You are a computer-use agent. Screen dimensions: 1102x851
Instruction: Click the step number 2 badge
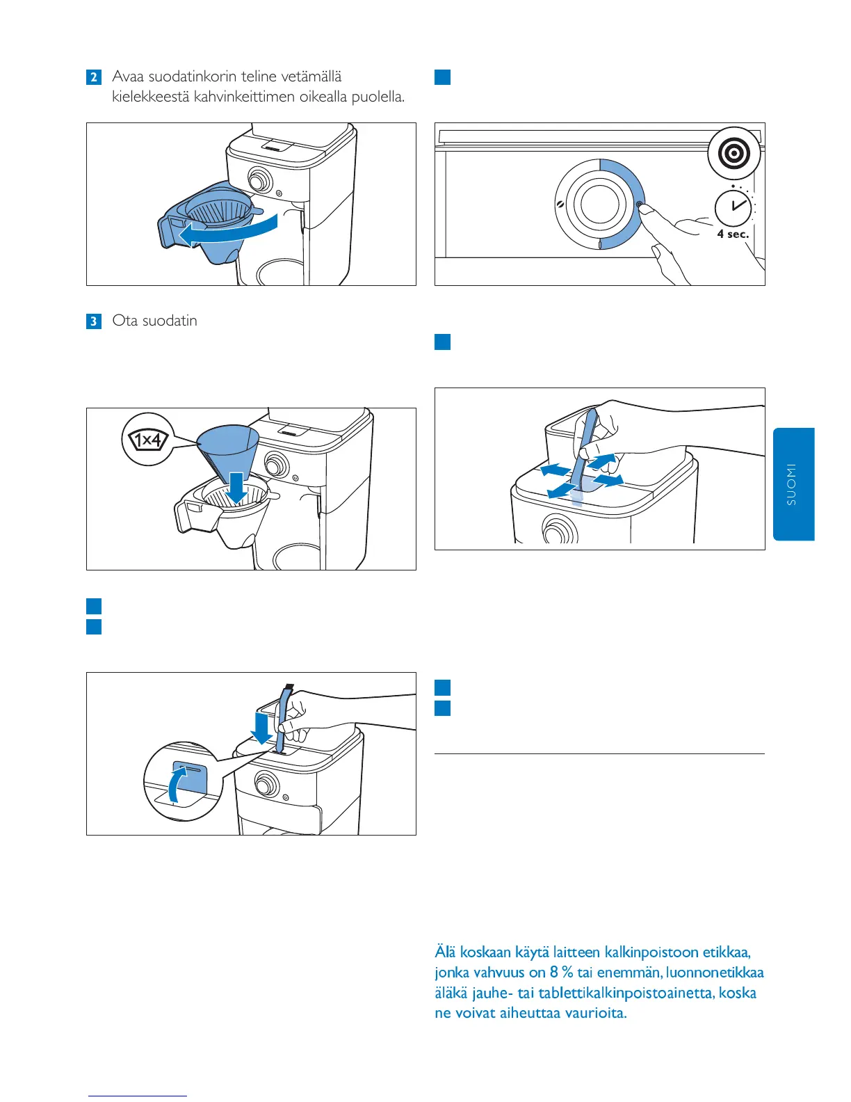click(x=94, y=77)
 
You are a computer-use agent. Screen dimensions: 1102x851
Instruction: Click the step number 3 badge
click(x=94, y=321)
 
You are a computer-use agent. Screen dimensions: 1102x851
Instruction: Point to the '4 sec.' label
click(x=733, y=234)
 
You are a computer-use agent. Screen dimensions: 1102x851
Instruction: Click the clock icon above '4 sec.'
click(x=734, y=207)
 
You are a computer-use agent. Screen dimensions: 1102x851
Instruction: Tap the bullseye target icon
click(x=734, y=154)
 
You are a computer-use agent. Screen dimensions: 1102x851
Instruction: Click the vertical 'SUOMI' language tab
click(x=793, y=484)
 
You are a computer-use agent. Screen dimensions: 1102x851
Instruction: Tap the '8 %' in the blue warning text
click(x=561, y=973)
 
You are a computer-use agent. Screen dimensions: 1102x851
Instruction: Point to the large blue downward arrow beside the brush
click(x=263, y=727)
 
